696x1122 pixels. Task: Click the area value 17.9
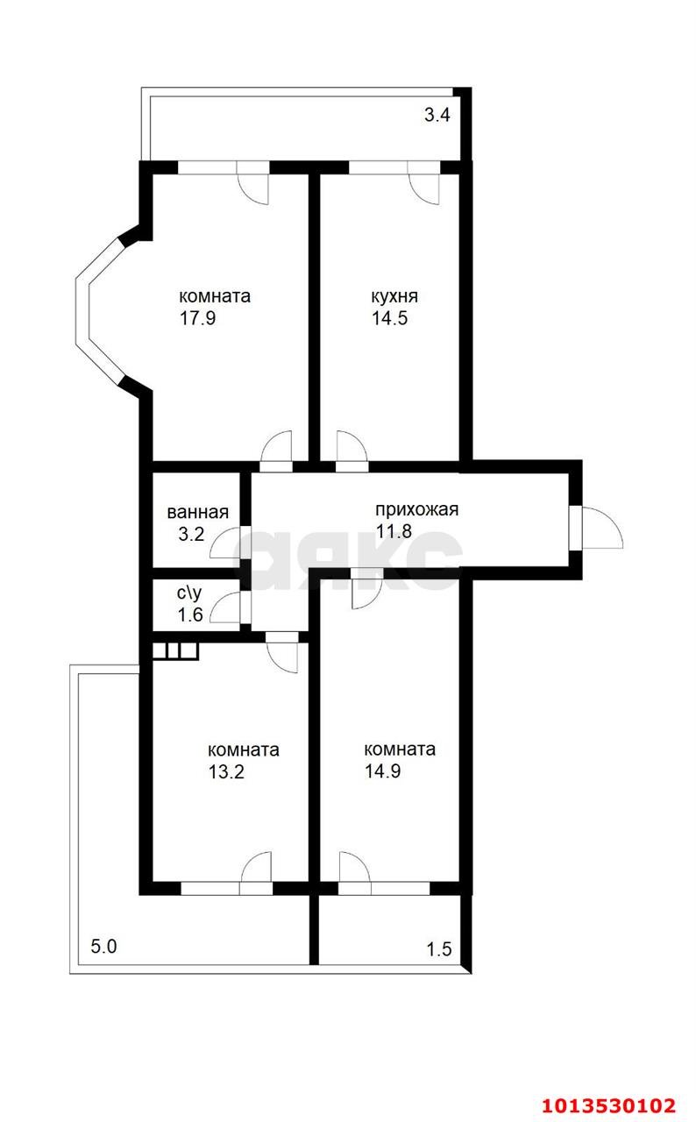pos(198,318)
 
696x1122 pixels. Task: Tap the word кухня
pos(394,296)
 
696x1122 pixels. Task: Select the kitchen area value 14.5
pos(389,318)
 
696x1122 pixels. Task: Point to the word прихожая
pos(417,509)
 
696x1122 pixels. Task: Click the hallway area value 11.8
pos(394,531)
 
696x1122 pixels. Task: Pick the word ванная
pos(198,513)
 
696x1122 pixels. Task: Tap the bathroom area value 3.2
pos(191,534)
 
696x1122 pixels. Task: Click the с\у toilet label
pos(189,593)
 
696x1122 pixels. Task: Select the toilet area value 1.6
pos(190,614)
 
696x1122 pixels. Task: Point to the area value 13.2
pos(226,772)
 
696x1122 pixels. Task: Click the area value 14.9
pos(382,770)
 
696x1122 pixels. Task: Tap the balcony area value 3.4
pos(437,115)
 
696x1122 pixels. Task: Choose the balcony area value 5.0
pos(103,946)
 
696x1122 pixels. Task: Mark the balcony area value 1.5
pos(439,949)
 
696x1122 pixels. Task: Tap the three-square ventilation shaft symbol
pos(175,650)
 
